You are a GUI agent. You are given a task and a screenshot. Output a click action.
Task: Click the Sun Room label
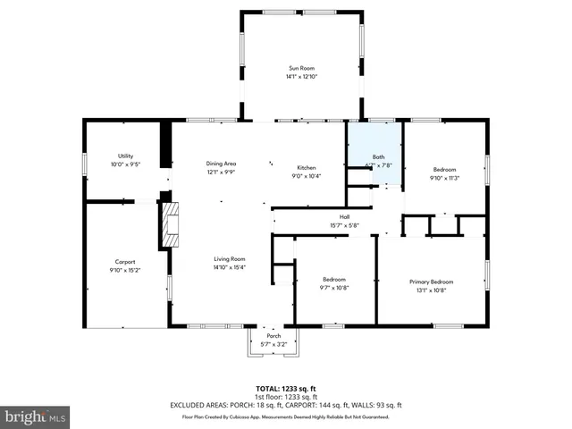tap(302, 68)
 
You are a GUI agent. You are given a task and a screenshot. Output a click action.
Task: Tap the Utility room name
tap(125, 156)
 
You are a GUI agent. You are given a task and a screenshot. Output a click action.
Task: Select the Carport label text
tap(125, 261)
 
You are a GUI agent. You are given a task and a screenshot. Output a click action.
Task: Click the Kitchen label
tap(307, 167)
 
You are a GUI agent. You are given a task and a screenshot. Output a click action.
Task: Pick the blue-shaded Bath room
tap(375, 152)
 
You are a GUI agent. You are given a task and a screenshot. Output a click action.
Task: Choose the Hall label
tap(343, 217)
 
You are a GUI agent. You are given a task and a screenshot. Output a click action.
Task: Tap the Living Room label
tap(229, 259)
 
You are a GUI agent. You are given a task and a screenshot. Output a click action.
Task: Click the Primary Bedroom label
tap(432, 282)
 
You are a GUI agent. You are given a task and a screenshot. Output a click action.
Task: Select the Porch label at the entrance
tap(273, 336)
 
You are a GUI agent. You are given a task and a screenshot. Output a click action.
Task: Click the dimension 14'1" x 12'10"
tap(302, 77)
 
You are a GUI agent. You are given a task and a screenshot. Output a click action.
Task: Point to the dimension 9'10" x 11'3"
tap(444, 178)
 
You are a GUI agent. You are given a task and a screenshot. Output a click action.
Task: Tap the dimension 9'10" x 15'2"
tap(125, 270)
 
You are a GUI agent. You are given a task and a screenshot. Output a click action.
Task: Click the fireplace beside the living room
tap(170, 224)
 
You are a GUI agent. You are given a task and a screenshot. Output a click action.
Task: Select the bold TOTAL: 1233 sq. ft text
tap(285, 389)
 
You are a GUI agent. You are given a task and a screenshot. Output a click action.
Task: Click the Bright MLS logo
tap(36, 416)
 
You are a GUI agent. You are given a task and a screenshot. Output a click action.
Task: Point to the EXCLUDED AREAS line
tap(285, 405)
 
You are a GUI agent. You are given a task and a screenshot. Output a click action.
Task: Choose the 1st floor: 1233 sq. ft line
tap(285, 397)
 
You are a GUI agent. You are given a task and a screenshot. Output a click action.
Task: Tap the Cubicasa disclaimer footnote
tap(285, 416)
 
